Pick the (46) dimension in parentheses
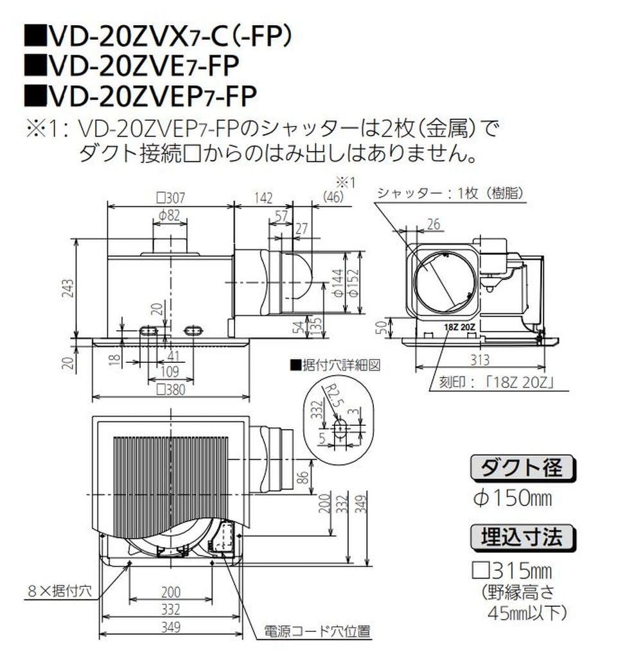coord(334,198)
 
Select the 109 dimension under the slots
coord(170,372)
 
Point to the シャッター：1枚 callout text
coord(449,193)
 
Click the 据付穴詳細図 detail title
coord(337,364)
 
